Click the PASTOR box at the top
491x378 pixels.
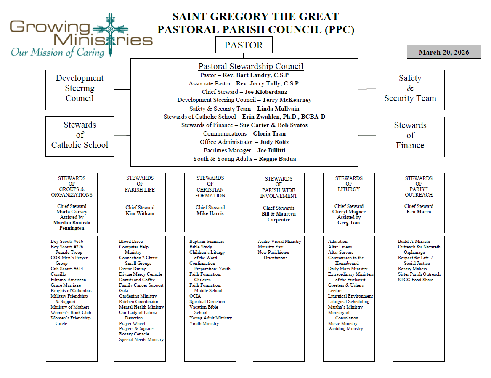point(244,45)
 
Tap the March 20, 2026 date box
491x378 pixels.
point(444,52)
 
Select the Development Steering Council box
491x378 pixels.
point(80,88)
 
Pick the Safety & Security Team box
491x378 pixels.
point(410,88)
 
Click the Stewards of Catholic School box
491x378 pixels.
point(80,135)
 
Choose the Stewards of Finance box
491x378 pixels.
point(410,136)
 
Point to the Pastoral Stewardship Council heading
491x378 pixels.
point(251,67)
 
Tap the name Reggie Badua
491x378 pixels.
point(277,159)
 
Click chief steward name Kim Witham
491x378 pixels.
point(140,213)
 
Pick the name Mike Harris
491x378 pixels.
point(210,213)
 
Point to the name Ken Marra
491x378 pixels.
point(419,212)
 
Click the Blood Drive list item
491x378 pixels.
point(130,242)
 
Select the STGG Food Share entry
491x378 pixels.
point(415,280)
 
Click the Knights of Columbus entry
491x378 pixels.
point(71,291)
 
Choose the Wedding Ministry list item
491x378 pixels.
point(345,329)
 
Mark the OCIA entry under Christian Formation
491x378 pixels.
point(195,296)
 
